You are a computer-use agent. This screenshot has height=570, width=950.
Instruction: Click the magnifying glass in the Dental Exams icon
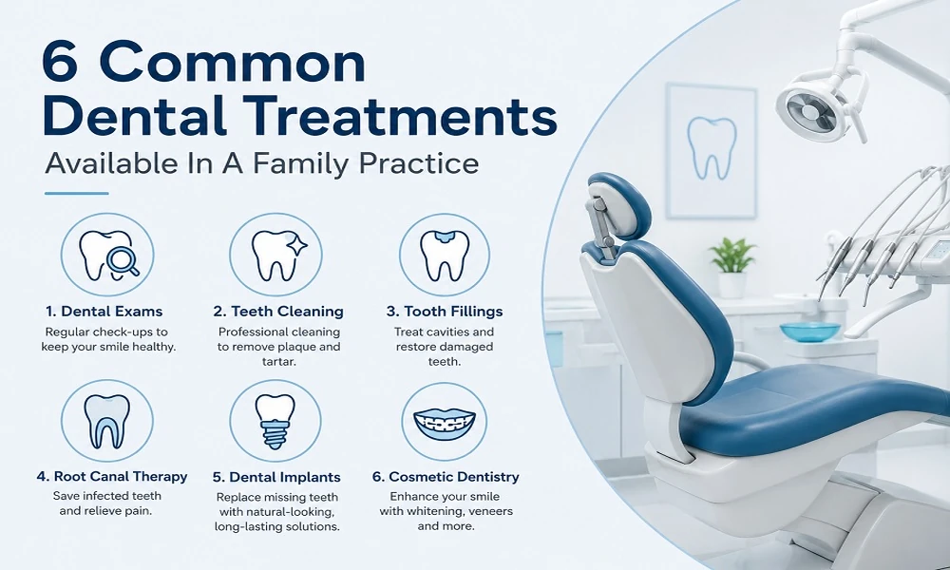[x=123, y=261]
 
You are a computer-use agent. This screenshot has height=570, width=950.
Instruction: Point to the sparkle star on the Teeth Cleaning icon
[x=296, y=245]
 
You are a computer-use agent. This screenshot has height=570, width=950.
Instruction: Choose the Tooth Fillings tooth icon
[x=444, y=255]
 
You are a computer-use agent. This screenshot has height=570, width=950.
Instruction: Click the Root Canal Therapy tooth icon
[x=106, y=422]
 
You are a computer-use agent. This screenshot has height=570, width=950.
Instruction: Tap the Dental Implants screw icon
[x=275, y=421]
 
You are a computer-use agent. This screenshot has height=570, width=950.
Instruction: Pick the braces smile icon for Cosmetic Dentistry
[x=444, y=422]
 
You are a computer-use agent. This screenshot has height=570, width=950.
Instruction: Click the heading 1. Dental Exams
[x=104, y=312]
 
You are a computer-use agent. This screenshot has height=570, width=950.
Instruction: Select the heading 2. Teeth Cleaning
[x=278, y=312]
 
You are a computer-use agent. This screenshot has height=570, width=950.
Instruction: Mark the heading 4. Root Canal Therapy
[x=112, y=477]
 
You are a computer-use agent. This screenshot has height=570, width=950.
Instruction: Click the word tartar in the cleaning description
[x=278, y=362]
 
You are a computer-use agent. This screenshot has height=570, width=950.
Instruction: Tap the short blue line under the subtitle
[x=76, y=193]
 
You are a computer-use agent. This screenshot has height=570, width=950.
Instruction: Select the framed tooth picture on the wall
[x=712, y=151]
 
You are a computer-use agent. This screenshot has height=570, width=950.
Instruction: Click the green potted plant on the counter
[x=731, y=267]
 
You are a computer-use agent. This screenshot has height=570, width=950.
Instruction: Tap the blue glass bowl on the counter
[x=810, y=332]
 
